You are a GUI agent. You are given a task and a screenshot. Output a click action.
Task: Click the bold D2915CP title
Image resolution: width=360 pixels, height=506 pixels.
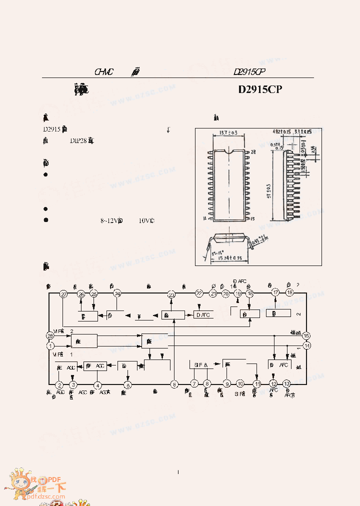260,89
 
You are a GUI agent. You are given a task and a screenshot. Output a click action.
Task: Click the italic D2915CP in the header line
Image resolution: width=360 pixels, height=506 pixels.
248,72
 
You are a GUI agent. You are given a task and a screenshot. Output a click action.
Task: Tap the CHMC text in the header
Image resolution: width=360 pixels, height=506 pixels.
104,72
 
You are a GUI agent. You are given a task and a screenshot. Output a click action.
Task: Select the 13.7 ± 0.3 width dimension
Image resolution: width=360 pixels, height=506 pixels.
228,133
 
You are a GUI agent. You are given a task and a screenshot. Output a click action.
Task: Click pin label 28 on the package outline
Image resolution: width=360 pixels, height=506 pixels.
253,151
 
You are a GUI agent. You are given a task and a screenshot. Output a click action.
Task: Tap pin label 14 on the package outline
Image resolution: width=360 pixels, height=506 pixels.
205,218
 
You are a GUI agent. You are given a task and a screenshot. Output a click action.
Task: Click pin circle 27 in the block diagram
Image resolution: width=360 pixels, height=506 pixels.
63,294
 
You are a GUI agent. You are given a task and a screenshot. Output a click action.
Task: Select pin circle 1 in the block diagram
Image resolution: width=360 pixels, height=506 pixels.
50,345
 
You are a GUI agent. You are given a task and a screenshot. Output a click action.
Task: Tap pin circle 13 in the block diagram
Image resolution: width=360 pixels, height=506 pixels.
286,383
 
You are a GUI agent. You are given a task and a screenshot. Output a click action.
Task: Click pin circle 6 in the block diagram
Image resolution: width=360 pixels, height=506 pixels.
174,384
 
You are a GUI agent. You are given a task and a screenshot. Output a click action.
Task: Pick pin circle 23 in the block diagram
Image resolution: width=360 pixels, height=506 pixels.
171,294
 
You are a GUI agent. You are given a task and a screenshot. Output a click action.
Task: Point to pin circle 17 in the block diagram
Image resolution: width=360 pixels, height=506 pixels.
275,292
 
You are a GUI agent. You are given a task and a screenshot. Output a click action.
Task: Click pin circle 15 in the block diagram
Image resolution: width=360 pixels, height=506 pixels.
306,336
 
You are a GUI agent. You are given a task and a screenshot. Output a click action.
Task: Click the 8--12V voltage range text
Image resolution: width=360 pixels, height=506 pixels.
111,220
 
